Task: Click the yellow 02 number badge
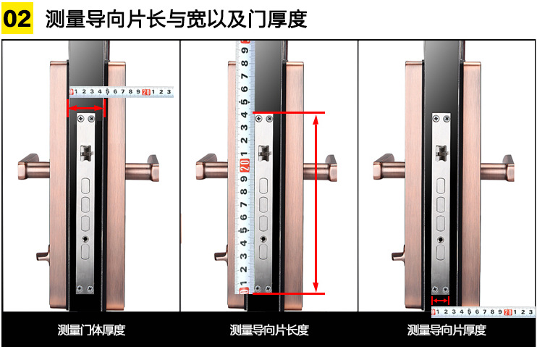point(17,18)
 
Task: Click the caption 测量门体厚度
point(91,330)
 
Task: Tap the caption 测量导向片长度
point(269,330)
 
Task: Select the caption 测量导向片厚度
point(447,330)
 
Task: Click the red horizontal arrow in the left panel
point(86,109)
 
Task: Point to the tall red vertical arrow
point(316,203)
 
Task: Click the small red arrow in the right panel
point(440,301)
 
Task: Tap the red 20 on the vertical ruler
point(244,166)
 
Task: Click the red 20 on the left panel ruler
point(146,92)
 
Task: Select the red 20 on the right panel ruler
point(508,312)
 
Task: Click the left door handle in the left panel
point(34,167)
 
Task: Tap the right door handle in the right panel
point(497,168)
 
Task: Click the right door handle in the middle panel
point(320,168)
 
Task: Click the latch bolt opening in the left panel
point(86,153)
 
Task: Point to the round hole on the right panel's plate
point(441,239)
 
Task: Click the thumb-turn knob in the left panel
point(43,254)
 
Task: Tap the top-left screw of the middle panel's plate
point(259,119)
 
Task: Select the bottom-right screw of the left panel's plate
point(90,289)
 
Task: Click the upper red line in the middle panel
point(289,112)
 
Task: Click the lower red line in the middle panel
point(289,293)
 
